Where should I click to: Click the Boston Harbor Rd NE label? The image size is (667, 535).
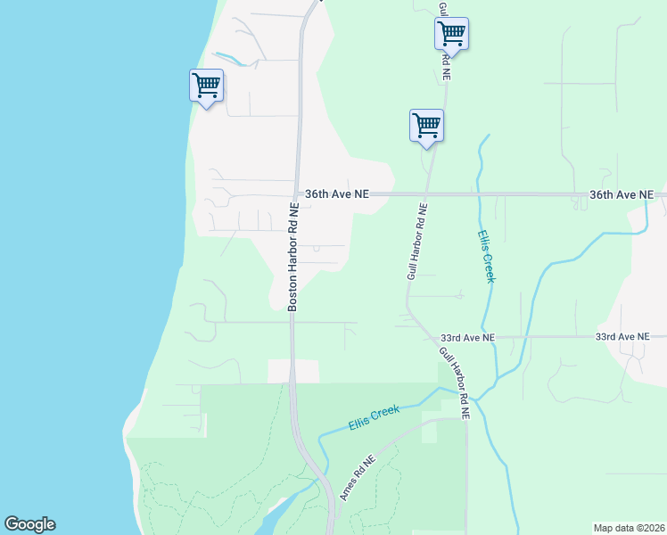click(292, 256)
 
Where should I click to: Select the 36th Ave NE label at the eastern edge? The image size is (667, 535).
click(622, 194)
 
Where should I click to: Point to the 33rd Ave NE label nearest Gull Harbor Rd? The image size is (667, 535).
click(466, 338)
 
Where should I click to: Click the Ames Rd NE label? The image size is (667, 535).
click(358, 478)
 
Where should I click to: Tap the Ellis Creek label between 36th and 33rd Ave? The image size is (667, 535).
click(486, 257)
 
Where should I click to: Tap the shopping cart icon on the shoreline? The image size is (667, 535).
click(206, 86)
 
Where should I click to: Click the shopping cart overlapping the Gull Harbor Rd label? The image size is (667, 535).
click(451, 34)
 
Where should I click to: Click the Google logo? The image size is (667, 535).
click(29, 524)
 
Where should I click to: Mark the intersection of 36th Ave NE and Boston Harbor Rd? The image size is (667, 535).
click(296, 193)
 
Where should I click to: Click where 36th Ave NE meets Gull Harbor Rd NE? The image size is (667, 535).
click(427, 193)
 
